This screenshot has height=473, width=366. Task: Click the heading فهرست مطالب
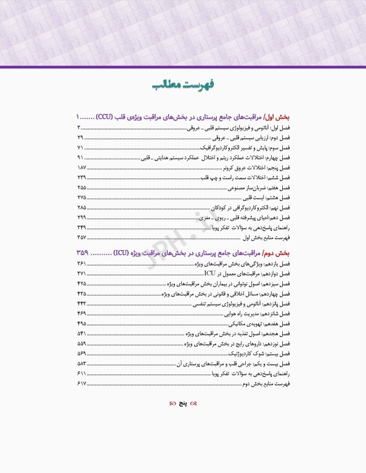coord(183,85)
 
